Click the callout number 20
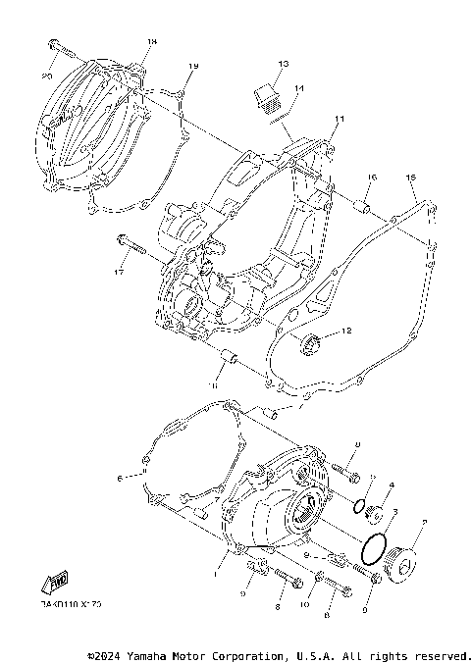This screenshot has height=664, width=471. pos(47,75)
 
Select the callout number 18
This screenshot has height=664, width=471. pos(152,42)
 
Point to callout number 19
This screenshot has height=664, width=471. pos(192,66)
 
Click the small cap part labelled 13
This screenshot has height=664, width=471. pos(265,96)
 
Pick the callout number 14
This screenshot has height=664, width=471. pos(299,88)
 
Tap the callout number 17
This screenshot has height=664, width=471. pos(120,270)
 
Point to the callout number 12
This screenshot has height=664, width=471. pos(345,332)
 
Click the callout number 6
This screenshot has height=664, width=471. pos(120,479)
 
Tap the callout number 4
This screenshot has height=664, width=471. pos(392,485)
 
